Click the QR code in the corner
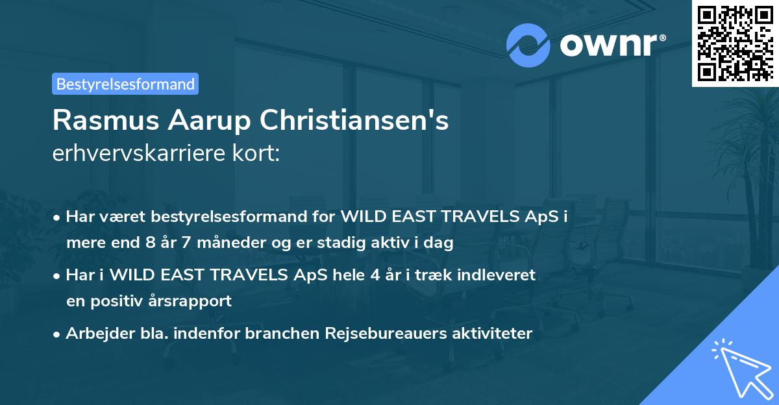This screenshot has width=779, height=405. tap(735, 43)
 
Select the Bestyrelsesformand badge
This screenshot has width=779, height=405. tap(125, 84)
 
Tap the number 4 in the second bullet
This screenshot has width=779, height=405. tap(376, 275)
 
